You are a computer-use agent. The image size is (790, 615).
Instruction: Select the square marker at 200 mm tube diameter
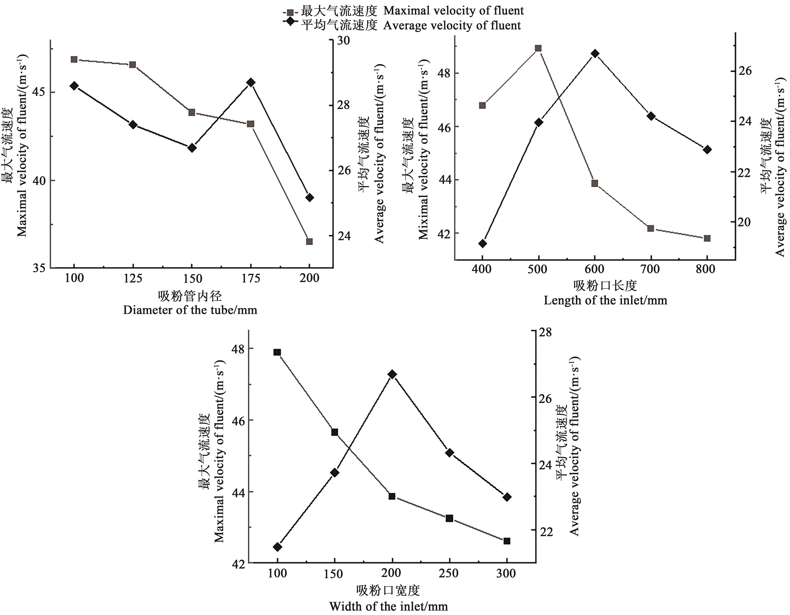pyautogui.click(x=309, y=241)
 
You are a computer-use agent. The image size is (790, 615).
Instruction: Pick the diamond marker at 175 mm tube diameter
pyautogui.click(x=251, y=82)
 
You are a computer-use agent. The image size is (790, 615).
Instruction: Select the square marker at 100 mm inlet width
pyautogui.click(x=277, y=352)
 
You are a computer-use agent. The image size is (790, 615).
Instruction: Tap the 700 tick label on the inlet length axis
pyautogui.click(x=651, y=269)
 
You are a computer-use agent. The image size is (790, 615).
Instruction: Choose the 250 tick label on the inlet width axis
pyautogui.click(x=449, y=573)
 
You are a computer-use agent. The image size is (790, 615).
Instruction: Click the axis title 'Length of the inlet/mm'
pyautogui.click(x=605, y=300)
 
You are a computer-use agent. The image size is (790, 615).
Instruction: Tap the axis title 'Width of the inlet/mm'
pyautogui.click(x=388, y=606)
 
